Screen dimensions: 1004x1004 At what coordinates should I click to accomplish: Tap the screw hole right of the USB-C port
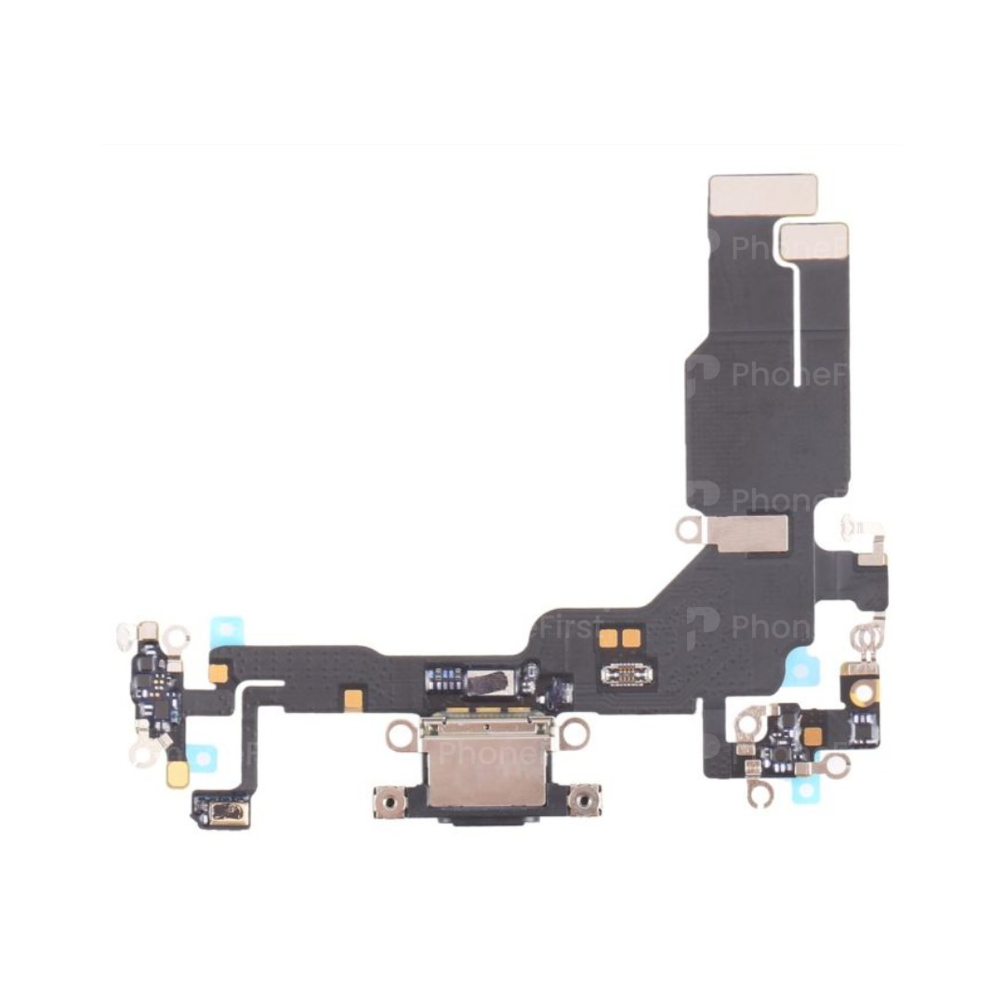pos(584,799)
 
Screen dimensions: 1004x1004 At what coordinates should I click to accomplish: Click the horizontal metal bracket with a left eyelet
pos(734,532)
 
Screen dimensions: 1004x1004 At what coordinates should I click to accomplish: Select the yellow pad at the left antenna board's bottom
pos(177,773)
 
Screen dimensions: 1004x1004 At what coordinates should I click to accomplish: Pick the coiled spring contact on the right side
pos(865,639)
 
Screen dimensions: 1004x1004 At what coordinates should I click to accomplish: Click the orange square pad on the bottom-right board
pos(812,735)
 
